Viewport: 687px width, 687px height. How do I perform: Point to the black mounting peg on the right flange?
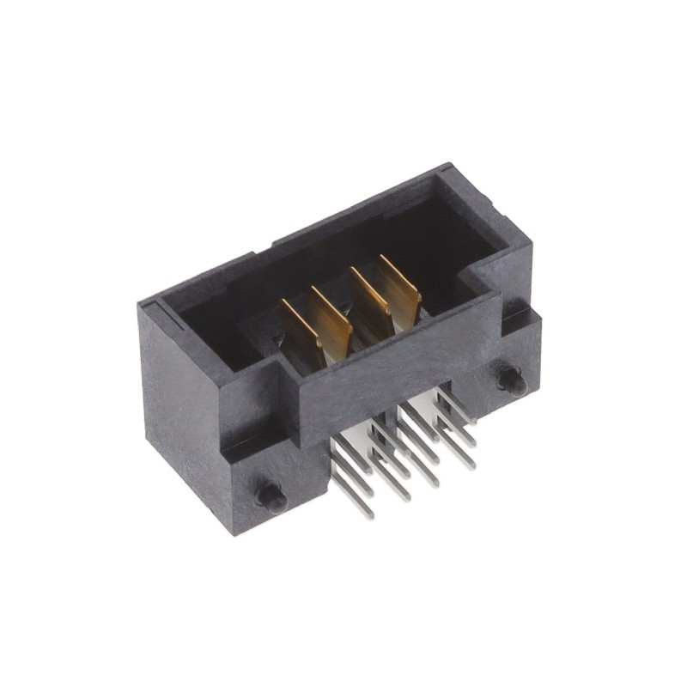click(x=510, y=378)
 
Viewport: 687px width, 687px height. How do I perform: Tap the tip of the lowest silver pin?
click(x=369, y=514)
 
